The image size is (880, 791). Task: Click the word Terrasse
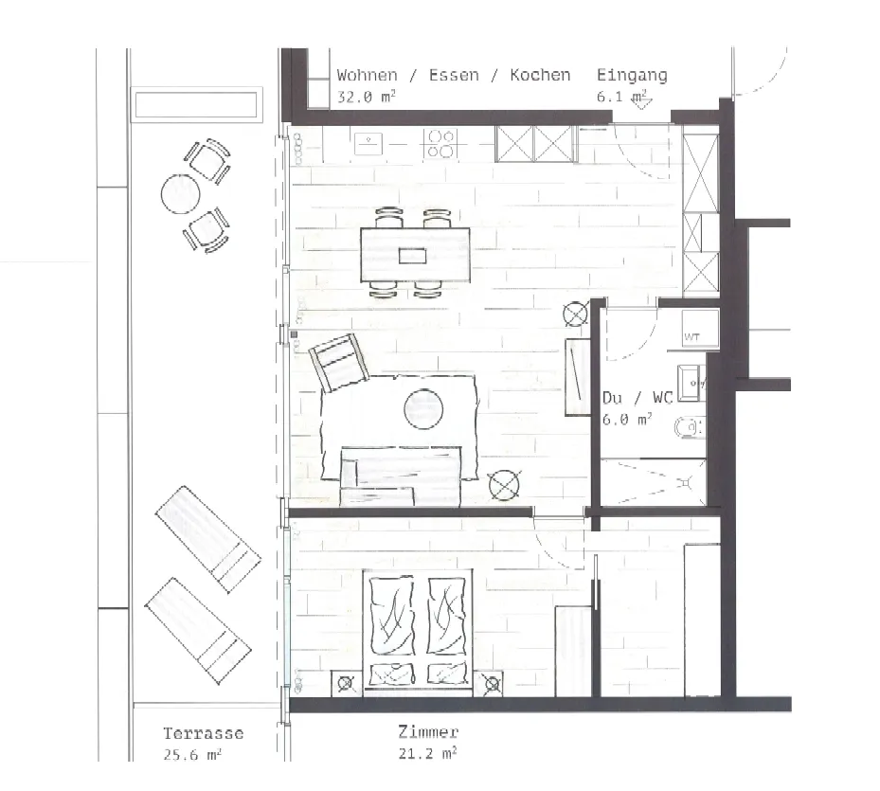pyautogui.click(x=203, y=733)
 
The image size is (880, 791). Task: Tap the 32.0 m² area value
pyautogui.click(x=366, y=96)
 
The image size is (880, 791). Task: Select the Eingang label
pyautogui.click(x=632, y=75)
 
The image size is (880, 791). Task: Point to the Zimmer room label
pyautogui.click(x=428, y=731)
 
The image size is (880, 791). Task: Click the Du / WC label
pyautogui.click(x=637, y=398)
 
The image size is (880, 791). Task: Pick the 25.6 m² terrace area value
pyautogui.click(x=192, y=754)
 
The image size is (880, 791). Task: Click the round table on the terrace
pyautogui.click(x=181, y=194)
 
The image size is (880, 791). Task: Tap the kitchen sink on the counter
pyautogui.click(x=368, y=144)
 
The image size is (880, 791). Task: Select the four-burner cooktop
pyautogui.click(x=440, y=143)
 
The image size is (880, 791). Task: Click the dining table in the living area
pyautogui.click(x=415, y=255)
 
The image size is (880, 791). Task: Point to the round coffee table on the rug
pyautogui.click(x=423, y=409)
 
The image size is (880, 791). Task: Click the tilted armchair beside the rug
pyautogui.click(x=339, y=362)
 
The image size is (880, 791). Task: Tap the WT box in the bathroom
pyautogui.click(x=700, y=327)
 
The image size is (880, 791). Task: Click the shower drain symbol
pyautogui.click(x=685, y=483)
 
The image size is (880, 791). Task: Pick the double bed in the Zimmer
pyautogui.click(x=418, y=633)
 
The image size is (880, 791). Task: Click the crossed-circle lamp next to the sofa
pyautogui.click(x=504, y=486)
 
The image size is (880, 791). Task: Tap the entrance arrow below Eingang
pyautogui.click(x=641, y=101)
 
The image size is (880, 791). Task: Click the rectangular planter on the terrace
pyautogui.click(x=196, y=104)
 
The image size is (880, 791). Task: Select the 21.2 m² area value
pyautogui.click(x=427, y=753)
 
